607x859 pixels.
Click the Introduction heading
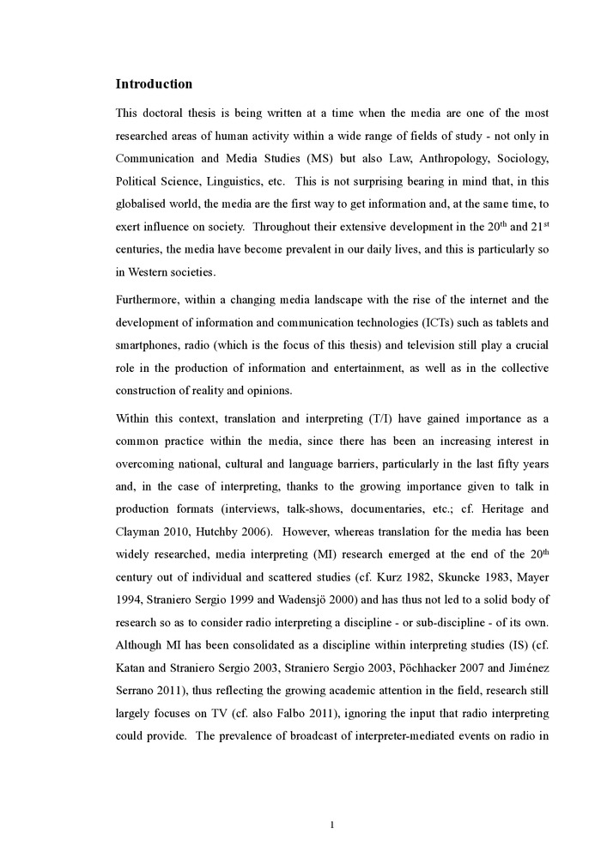click(154, 84)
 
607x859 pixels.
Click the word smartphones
click(149, 345)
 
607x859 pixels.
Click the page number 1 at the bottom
click(332, 825)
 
